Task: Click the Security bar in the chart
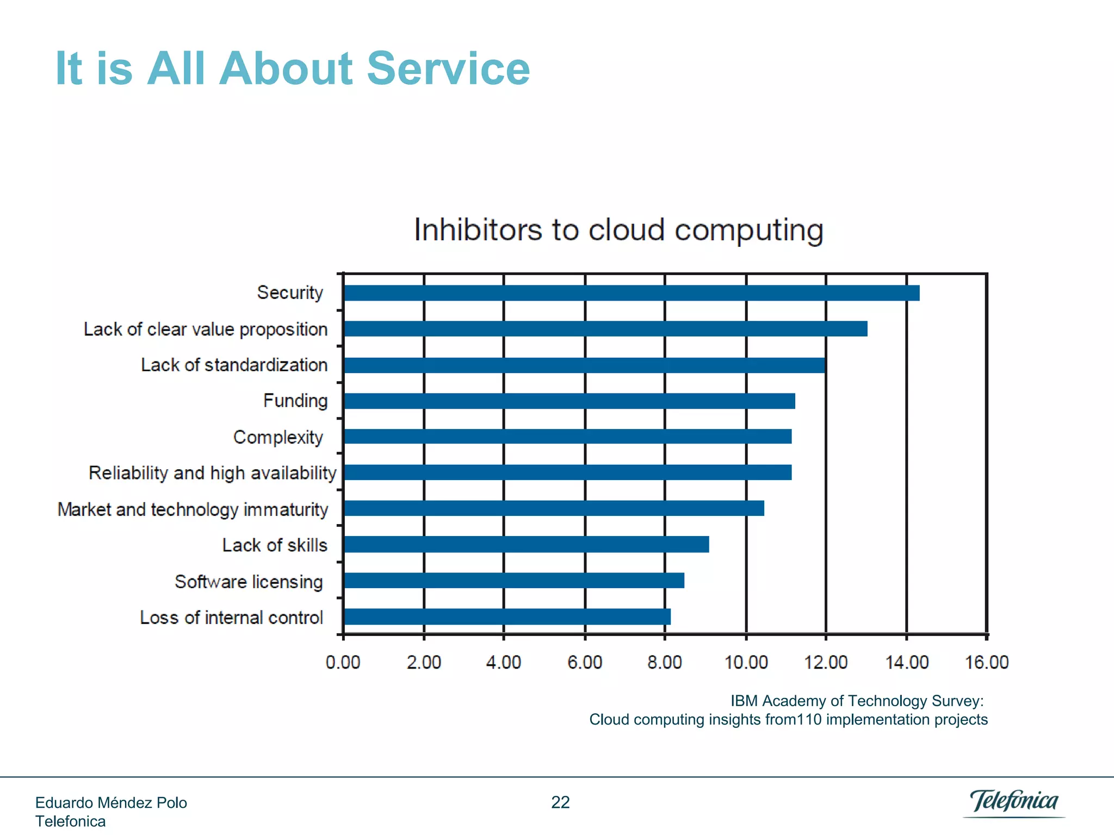pyautogui.click(x=631, y=293)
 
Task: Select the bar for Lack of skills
pyautogui.click(x=526, y=544)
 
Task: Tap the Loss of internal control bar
pyautogui.click(x=506, y=616)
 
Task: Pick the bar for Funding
pyautogui.click(x=569, y=401)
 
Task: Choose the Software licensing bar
pyautogui.click(x=513, y=581)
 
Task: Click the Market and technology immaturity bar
pyautogui.click(x=554, y=508)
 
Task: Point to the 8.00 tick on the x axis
pyautogui.click(x=664, y=662)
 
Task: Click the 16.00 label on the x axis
pyautogui.click(x=986, y=662)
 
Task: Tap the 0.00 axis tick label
pyautogui.click(x=343, y=662)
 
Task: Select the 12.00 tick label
pyautogui.click(x=826, y=662)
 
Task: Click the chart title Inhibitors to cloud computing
pyautogui.click(x=618, y=229)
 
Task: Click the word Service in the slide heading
pyautogui.click(x=448, y=68)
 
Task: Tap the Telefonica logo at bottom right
pyautogui.click(x=1014, y=802)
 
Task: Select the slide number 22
pyautogui.click(x=560, y=802)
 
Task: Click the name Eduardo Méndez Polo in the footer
pyautogui.click(x=111, y=803)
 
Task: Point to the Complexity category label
pyautogui.click(x=278, y=437)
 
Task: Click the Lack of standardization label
pyautogui.click(x=234, y=365)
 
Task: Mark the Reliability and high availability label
pyautogui.click(x=212, y=473)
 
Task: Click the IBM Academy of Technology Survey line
pyautogui.click(x=857, y=701)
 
